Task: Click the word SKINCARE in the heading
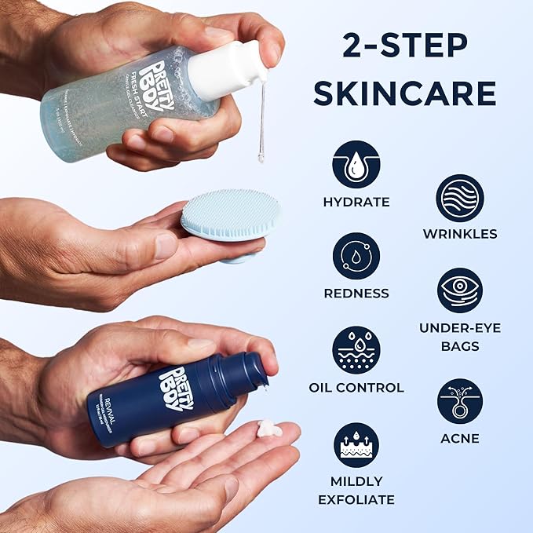coord(404,92)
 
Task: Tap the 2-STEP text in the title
coord(404,46)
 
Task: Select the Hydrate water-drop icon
coord(356,164)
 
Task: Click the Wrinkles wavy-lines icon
coord(459,197)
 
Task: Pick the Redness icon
coord(356,257)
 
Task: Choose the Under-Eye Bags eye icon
coord(459,290)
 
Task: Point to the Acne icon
coord(459,401)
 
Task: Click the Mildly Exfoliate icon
coord(356,445)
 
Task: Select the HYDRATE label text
coord(356,202)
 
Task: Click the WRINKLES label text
coord(459,234)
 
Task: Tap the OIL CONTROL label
coord(356,387)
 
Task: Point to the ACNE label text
coord(459,438)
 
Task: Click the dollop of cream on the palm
coord(269,429)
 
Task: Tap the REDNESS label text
coord(356,294)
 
